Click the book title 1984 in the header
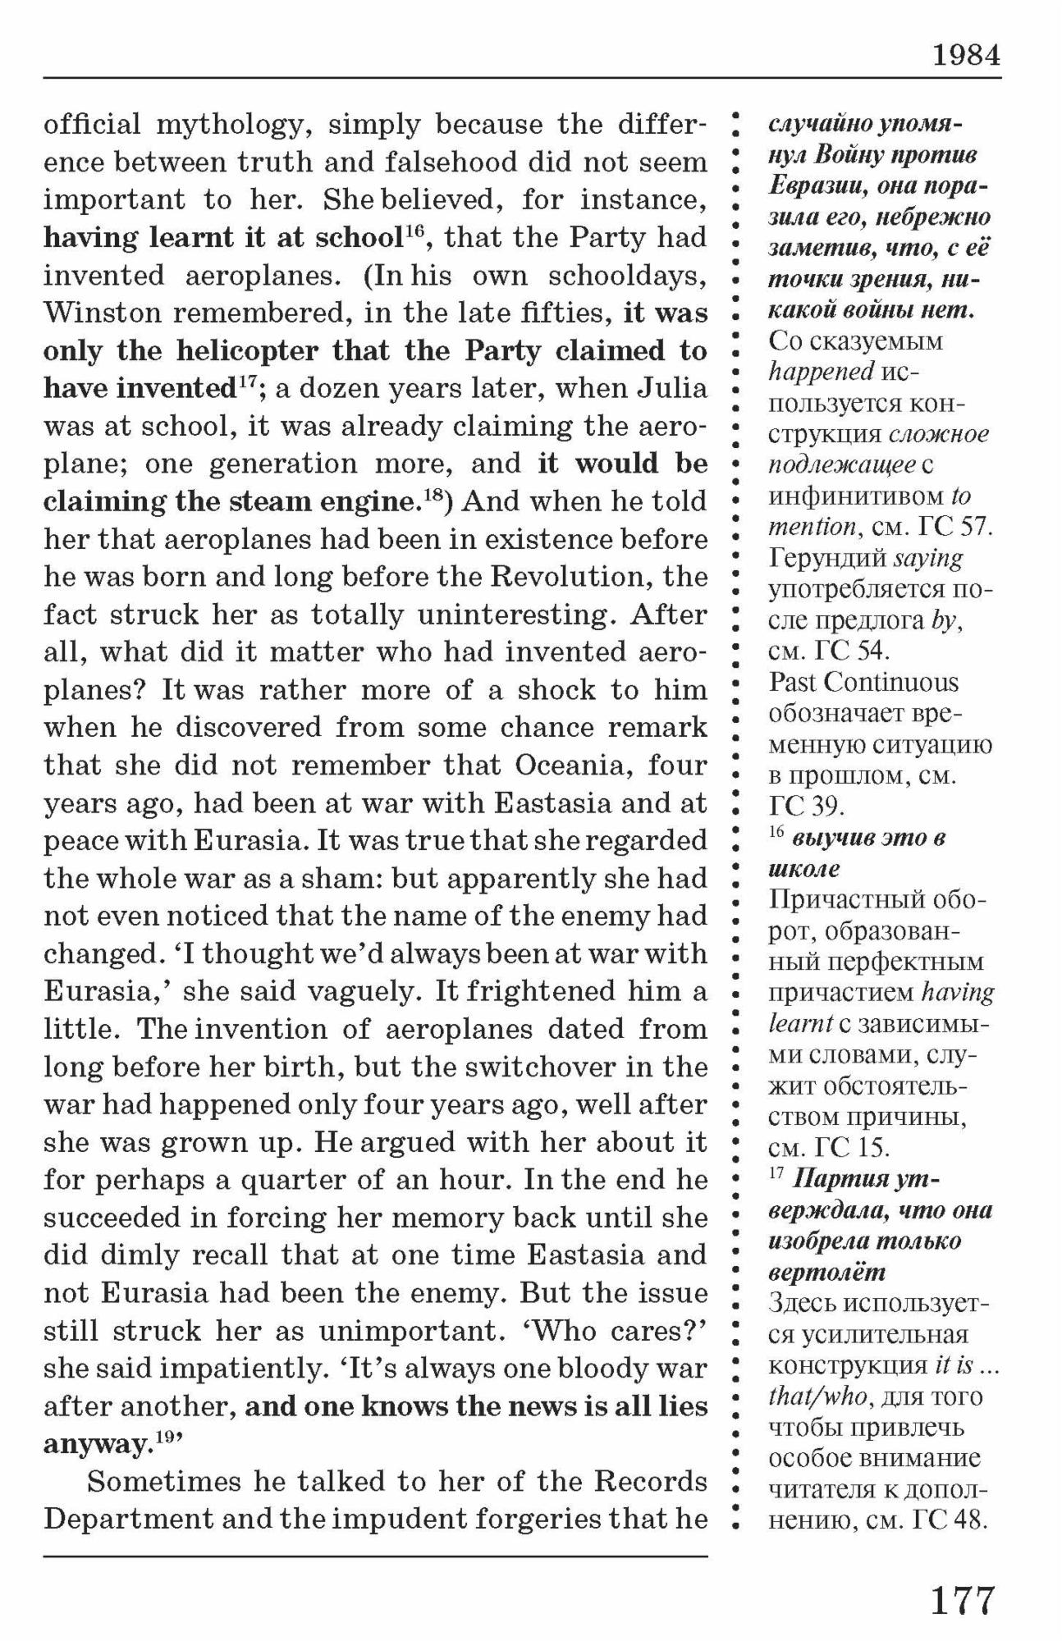966,55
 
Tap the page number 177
962,1601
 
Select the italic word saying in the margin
927,558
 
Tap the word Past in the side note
793,682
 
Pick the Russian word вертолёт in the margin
827,1273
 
